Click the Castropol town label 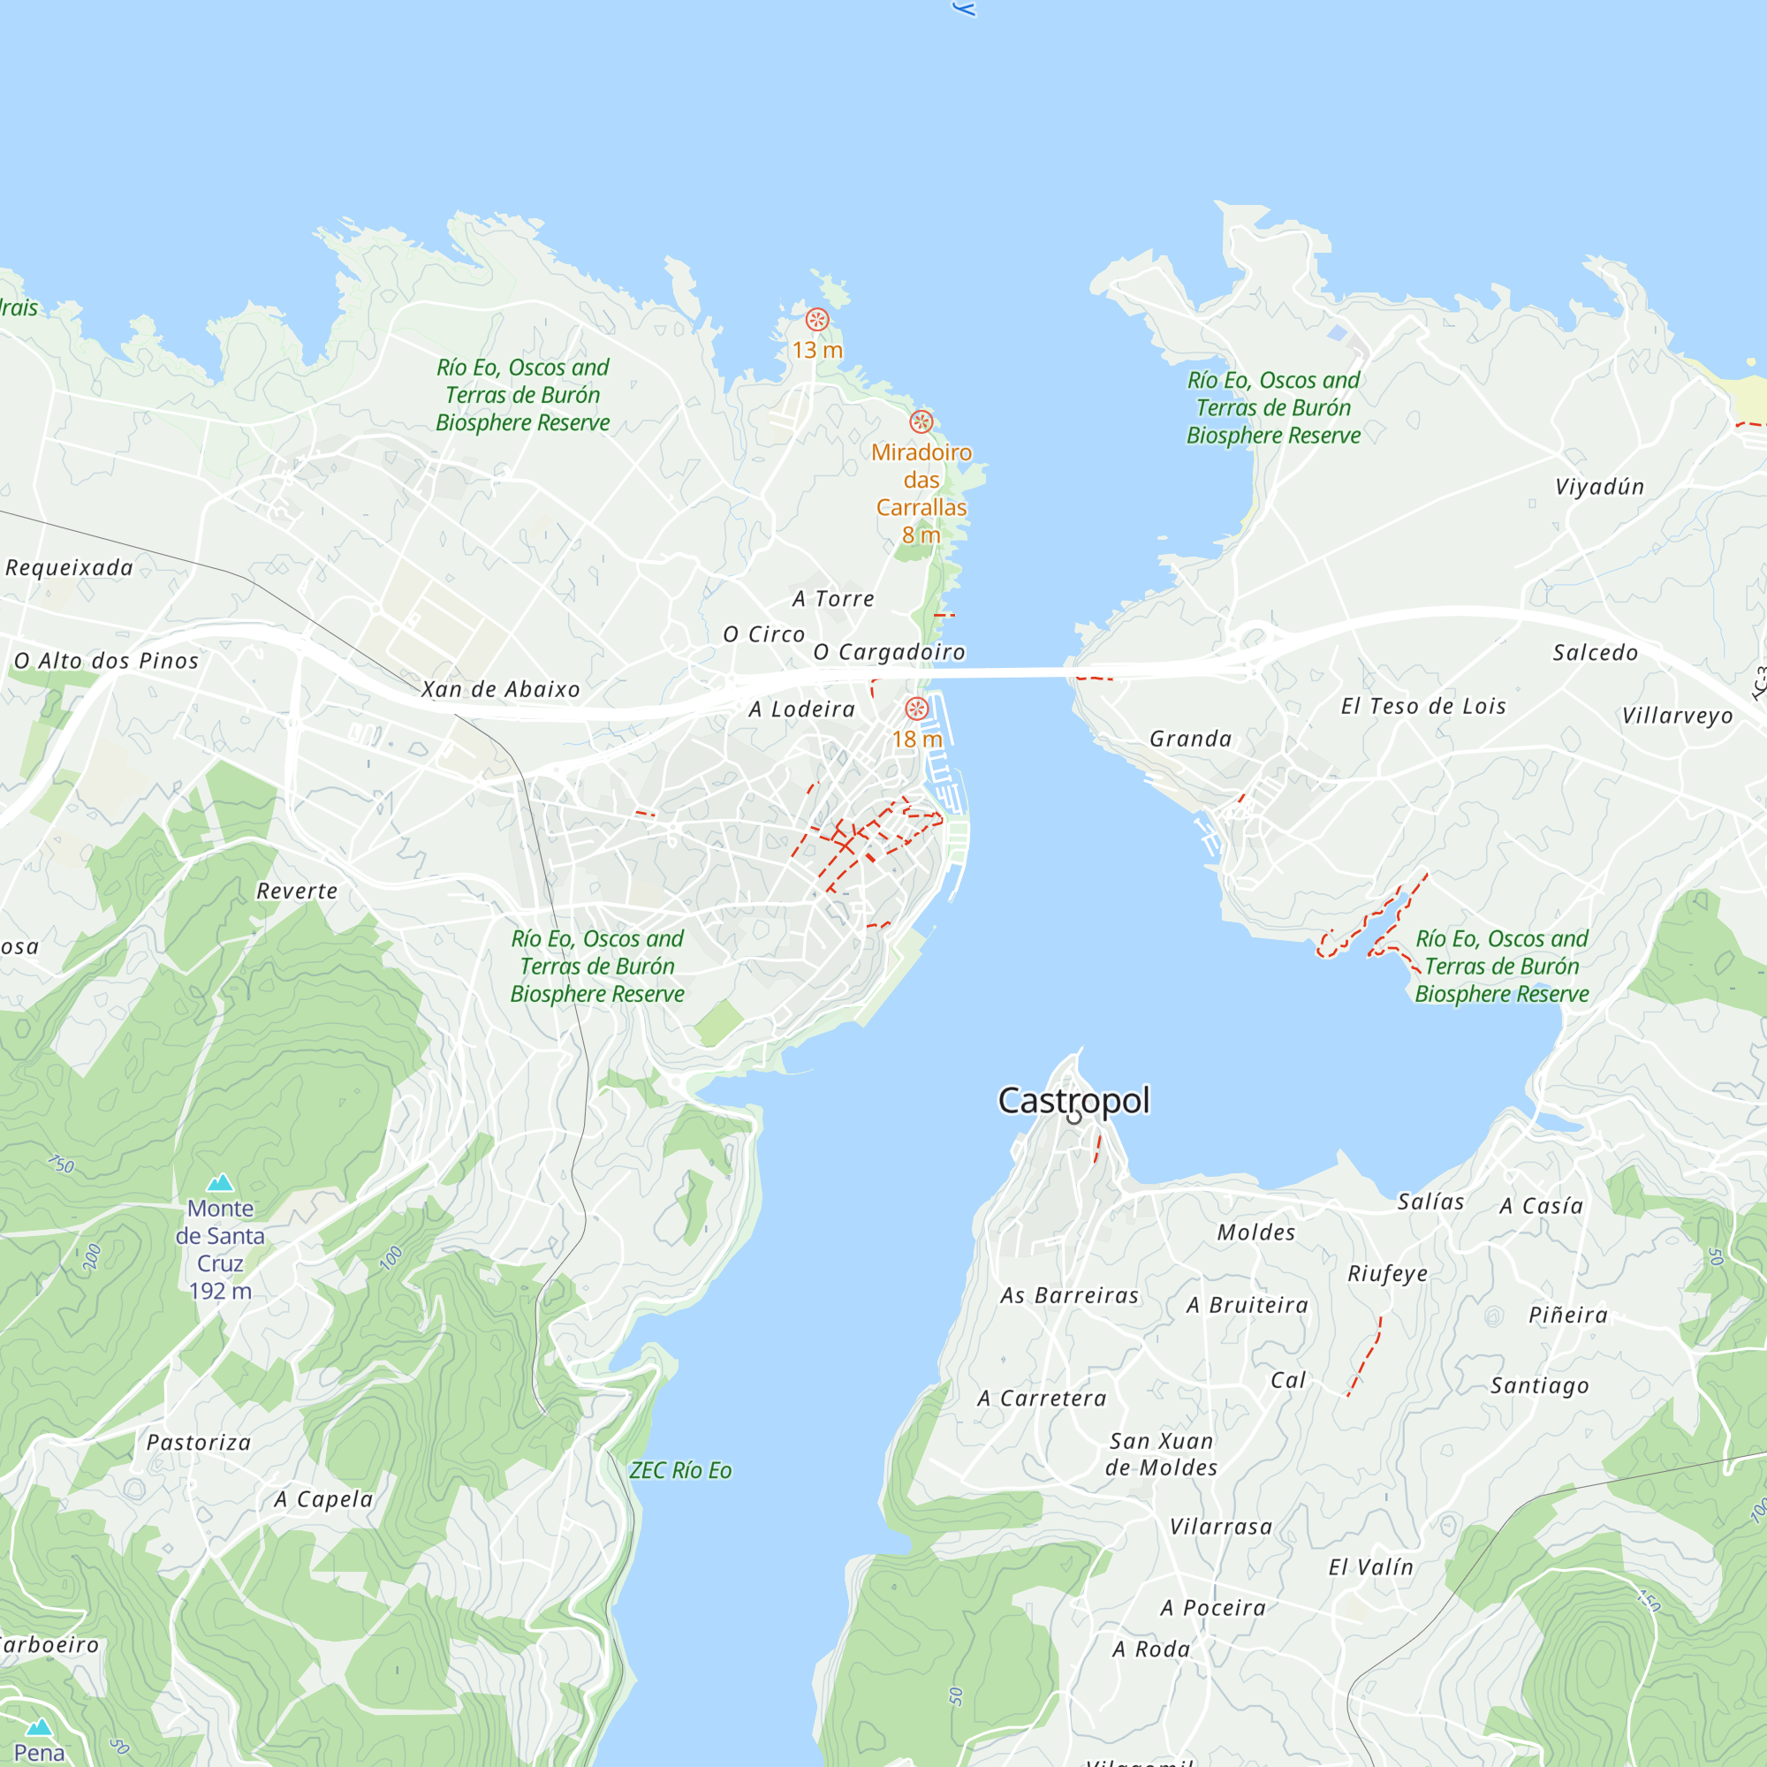point(1073,1100)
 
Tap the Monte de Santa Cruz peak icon point(219,1183)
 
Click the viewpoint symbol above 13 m point(816,319)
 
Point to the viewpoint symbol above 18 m point(916,709)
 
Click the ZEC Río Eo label point(679,1471)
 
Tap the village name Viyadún point(1599,487)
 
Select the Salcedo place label point(1595,652)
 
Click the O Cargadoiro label point(889,652)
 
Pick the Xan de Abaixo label point(500,690)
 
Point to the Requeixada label point(70,568)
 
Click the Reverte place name point(297,891)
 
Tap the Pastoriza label point(199,1443)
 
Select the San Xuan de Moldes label point(1162,1453)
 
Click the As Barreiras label point(1069,1295)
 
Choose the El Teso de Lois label point(1423,706)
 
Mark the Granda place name point(1190,738)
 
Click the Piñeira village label point(1567,1316)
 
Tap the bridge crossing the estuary point(997,673)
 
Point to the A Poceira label point(1213,1608)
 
